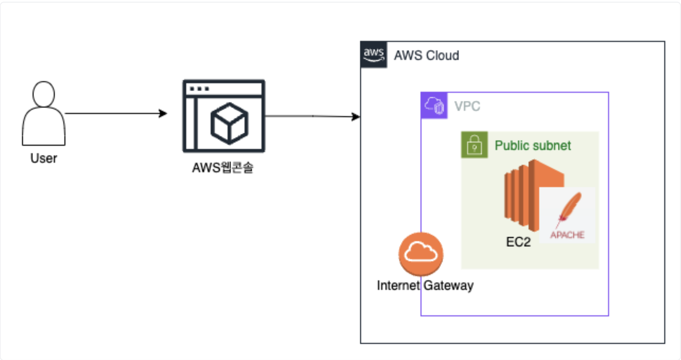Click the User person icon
coord(44,113)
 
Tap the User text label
coord(44,158)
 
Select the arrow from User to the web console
coord(116,113)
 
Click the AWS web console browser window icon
coord(224,116)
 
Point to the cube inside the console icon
coord(229,123)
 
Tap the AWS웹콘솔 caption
coord(223,168)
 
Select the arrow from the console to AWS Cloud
coord(312,116)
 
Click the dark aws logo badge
coord(374,55)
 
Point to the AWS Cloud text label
coord(426,56)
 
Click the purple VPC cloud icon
coord(434,105)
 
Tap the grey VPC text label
coord(467,106)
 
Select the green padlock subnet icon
coord(474,145)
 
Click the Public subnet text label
coord(533,146)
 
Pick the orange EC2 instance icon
coord(534,195)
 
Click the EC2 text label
coord(518,242)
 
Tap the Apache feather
coord(569,209)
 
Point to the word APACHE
coord(567,235)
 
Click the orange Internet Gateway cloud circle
coord(421,254)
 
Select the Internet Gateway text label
coord(425,285)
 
